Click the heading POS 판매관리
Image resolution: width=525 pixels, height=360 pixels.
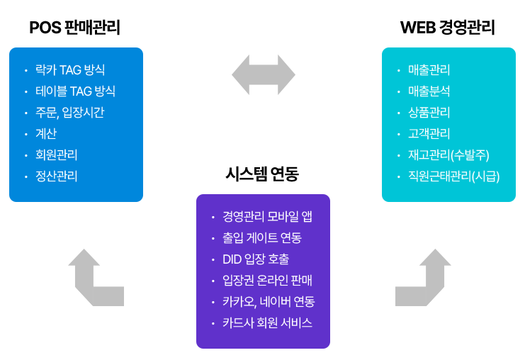pyautogui.click(x=75, y=28)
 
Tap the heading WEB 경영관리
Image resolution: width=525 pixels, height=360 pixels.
pyautogui.click(x=448, y=28)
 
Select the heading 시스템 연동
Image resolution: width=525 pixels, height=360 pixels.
pyautogui.click(x=262, y=174)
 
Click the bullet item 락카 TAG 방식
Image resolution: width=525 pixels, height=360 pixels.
pyautogui.click(x=70, y=69)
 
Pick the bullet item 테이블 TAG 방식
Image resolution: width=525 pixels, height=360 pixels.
pyautogui.click(x=75, y=91)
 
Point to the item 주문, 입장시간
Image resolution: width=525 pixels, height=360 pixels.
pyautogui.click(x=70, y=112)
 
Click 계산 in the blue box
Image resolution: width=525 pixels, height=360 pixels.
pyautogui.click(x=46, y=133)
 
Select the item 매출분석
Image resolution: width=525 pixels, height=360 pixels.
pyautogui.click(x=429, y=91)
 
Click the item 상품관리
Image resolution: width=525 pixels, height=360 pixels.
pyautogui.click(x=429, y=112)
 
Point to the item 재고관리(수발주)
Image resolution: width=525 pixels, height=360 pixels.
pyautogui.click(x=448, y=154)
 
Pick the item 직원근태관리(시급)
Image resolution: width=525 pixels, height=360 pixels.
pyautogui.click(x=453, y=176)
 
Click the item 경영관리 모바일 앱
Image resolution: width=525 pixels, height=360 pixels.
pyautogui.click(x=267, y=216)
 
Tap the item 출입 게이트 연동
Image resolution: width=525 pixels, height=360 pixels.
pyautogui.click(x=261, y=237)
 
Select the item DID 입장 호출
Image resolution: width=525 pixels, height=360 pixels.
pyautogui.click(x=256, y=259)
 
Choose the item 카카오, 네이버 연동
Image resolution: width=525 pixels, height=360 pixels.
pyautogui.click(x=269, y=301)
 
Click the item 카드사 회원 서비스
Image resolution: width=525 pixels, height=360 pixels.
pyautogui.click(x=267, y=322)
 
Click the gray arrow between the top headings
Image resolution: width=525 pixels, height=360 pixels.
pyautogui.click(x=264, y=74)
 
